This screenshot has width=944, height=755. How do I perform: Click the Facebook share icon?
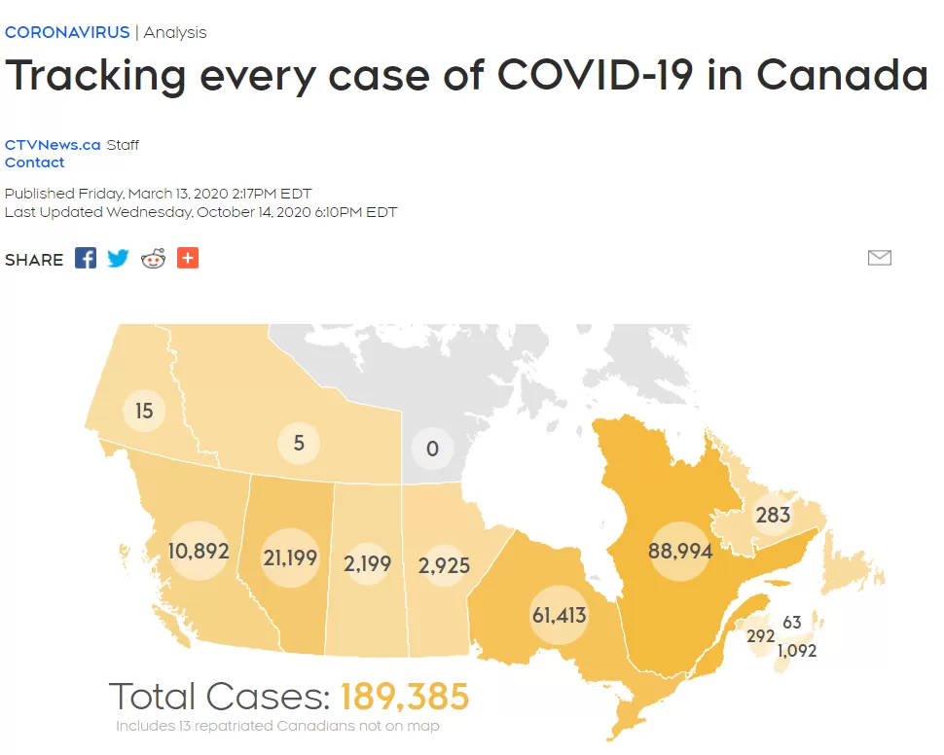[x=86, y=258]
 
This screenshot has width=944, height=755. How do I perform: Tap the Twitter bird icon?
[x=118, y=258]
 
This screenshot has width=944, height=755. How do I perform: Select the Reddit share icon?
[x=153, y=258]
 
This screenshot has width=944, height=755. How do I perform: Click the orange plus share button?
[x=188, y=258]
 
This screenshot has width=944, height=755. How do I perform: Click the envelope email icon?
[x=880, y=258]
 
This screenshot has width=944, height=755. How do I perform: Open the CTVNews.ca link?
[x=53, y=145]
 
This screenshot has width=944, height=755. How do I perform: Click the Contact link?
[x=34, y=162]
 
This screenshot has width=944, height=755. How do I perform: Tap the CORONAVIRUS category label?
[x=67, y=32]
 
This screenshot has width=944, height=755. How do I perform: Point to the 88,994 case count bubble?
[x=680, y=551]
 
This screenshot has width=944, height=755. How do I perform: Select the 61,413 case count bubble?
[x=560, y=615]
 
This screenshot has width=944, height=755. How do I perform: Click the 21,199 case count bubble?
[x=290, y=557]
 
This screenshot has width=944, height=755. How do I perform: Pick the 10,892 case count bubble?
[x=199, y=551]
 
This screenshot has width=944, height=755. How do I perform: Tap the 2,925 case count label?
[x=445, y=565]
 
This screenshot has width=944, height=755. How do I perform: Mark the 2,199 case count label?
[x=367, y=563]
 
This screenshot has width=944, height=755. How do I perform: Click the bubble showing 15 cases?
[x=144, y=411]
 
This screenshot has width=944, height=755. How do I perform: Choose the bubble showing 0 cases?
[x=432, y=449]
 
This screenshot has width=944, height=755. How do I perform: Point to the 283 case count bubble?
[x=773, y=515]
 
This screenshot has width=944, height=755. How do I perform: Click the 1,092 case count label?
[x=797, y=651]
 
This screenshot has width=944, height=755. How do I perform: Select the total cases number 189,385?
[x=405, y=697]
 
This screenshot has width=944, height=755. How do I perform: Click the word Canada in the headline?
[x=842, y=75]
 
